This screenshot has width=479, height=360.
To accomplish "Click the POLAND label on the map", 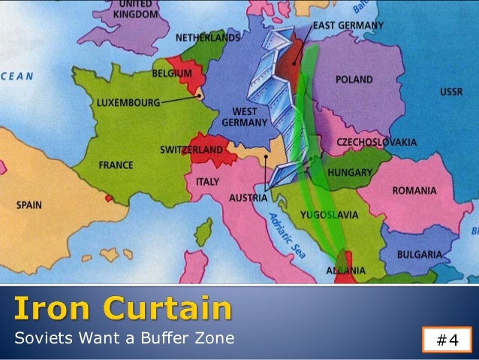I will coord(355,78).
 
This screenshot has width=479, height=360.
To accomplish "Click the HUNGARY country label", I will coord(351,173).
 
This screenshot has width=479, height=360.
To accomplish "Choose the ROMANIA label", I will coord(414,191).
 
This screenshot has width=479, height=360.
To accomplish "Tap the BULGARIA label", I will coord(418,255).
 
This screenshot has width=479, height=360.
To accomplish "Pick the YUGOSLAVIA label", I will coord(329,215).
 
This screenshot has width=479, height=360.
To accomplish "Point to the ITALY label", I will coord(207,182).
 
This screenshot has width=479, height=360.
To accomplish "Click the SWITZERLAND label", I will coord(191,150).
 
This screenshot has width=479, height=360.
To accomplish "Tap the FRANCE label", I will coord(116,165).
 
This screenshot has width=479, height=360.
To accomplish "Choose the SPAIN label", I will coord(30,204).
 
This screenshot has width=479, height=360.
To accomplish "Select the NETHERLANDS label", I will coord(209,37).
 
